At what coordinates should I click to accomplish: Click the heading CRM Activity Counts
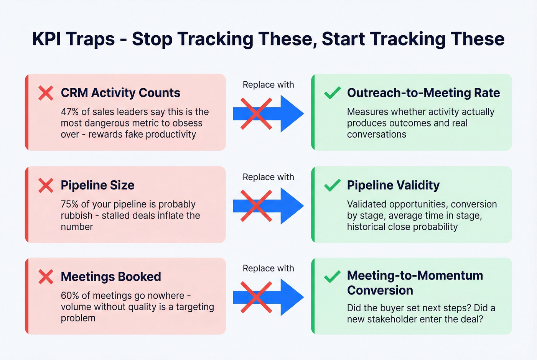coord(120,93)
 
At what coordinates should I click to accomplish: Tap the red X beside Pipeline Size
coord(46,186)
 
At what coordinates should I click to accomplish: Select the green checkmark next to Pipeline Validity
coord(332,185)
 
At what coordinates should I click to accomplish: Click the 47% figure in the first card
coord(69,112)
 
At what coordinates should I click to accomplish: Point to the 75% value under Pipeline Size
coord(69,204)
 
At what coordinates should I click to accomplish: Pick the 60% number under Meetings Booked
coord(69,296)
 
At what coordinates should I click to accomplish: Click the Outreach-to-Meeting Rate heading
coord(423,93)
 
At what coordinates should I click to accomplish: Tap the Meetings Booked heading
coord(111,277)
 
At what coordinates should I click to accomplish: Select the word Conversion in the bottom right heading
coord(380,291)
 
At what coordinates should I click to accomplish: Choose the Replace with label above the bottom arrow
coord(268,268)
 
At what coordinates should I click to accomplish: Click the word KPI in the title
coord(46,39)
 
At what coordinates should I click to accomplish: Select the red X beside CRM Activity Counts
coord(46,93)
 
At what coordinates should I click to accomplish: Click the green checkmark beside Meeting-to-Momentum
coord(332,276)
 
